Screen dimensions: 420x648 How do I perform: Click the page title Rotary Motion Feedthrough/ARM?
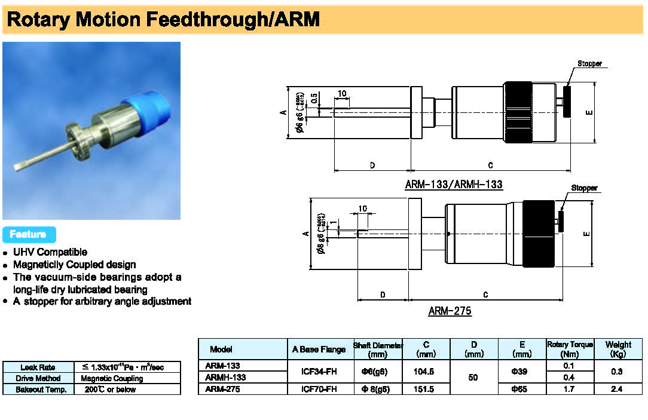tap(163, 20)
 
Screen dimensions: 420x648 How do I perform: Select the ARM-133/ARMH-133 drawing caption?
tap(454, 185)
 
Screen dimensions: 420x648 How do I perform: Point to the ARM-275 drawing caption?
tap(450, 311)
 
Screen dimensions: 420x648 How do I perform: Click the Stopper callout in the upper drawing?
tap(589, 63)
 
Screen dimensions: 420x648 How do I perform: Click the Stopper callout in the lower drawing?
tap(584, 188)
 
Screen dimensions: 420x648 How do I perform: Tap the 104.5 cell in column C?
tap(426, 372)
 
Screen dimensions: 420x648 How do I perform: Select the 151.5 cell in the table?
tap(426, 390)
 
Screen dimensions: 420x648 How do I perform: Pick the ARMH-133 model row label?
tap(225, 378)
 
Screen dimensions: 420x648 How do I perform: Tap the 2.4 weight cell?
tap(618, 390)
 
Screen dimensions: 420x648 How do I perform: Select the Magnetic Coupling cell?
tap(112, 378)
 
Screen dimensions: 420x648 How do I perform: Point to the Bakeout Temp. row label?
tap(38, 390)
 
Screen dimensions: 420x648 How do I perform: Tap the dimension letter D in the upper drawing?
tap(372, 165)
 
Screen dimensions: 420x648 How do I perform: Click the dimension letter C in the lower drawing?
tap(485, 295)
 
